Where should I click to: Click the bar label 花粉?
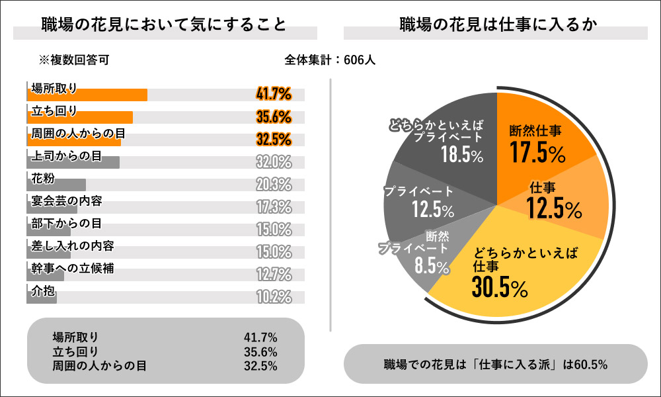[43, 177]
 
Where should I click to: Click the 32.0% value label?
[274, 161]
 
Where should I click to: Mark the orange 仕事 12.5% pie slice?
[562, 202]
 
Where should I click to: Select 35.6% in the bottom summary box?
[260, 351]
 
